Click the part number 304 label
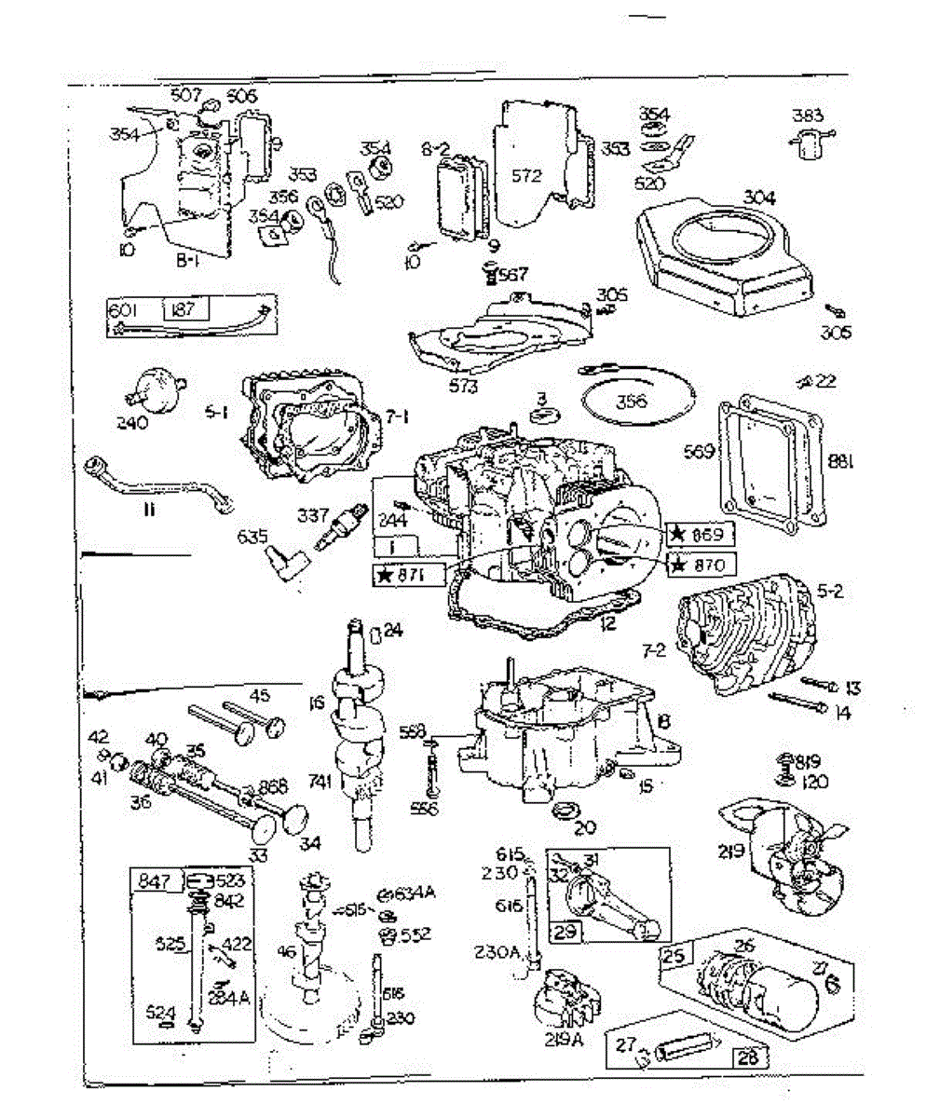(x=759, y=198)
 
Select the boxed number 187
(x=184, y=308)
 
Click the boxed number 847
(x=155, y=880)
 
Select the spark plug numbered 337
(x=337, y=532)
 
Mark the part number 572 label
(x=526, y=175)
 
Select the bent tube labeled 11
(x=154, y=482)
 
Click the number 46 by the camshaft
(x=286, y=952)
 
